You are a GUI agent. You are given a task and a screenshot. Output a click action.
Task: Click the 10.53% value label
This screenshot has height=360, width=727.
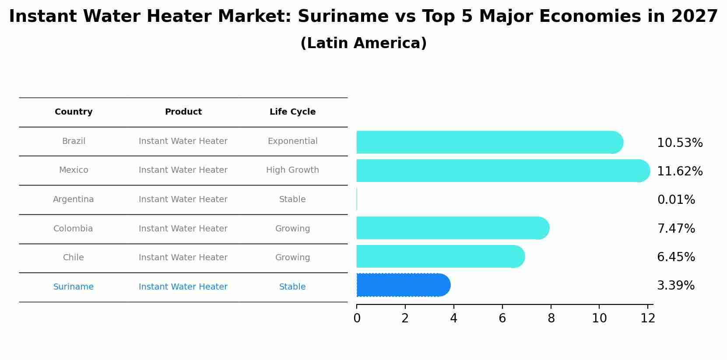679,143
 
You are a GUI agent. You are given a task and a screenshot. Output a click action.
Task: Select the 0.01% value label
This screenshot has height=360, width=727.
676,200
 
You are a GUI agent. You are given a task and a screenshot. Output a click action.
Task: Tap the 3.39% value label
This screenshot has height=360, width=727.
675,286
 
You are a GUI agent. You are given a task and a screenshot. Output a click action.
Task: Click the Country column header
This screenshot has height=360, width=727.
74,112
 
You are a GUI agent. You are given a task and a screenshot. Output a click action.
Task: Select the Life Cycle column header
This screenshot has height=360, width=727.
292,112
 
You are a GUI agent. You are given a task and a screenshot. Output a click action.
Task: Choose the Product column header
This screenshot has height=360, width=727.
183,112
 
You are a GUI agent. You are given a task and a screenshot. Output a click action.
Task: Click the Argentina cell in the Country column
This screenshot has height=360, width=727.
74,199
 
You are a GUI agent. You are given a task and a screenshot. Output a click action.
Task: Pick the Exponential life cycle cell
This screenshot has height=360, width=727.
292,141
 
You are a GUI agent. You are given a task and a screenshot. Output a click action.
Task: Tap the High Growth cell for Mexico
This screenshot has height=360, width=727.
292,170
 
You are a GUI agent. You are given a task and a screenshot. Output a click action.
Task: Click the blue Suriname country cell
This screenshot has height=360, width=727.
74,287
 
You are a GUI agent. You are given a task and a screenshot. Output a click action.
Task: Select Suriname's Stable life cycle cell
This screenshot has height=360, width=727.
292,287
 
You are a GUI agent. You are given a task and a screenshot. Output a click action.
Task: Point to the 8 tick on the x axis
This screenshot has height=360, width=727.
551,318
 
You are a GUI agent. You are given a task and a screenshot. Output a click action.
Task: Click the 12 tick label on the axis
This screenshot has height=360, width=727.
648,318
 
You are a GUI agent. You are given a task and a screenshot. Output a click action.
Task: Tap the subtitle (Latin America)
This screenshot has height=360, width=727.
363,43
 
